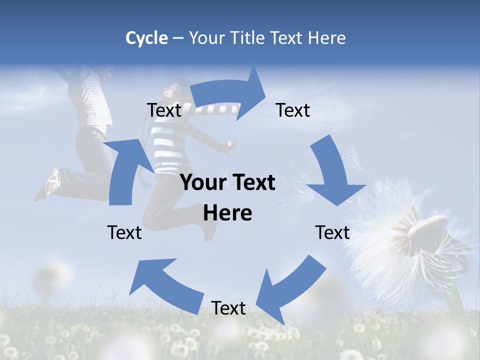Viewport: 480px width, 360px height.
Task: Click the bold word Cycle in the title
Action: [x=146, y=38]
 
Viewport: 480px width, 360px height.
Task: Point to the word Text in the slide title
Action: [x=287, y=38]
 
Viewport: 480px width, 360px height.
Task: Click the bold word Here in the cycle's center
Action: [x=227, y=213]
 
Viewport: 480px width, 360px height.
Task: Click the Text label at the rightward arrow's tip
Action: [x=293, y=110]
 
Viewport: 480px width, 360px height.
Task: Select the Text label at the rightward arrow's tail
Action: [x=164, y=110]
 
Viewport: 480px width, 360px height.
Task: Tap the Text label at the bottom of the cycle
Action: [x=228, y=308]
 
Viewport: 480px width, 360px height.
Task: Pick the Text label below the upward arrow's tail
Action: [x=124, y=232]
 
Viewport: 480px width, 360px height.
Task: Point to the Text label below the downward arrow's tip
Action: [x=332, y=232]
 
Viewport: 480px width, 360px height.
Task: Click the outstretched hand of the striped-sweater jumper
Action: [x=229, y=145]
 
